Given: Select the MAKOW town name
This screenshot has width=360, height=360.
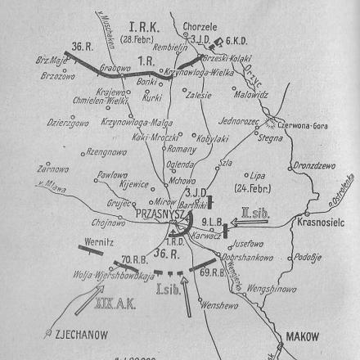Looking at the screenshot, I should [304, 335].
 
